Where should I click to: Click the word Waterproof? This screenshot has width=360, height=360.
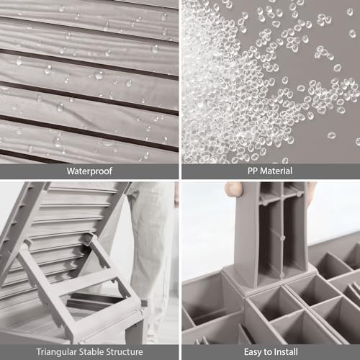pyautogui.click(x=89, y=171)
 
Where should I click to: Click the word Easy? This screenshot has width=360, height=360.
pyautogui.click(x=253, y=352)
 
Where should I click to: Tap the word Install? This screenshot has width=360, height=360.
pyautogui.click(x=286, y=352)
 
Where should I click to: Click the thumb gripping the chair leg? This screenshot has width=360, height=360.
pyautogui.click(x=233, y=189)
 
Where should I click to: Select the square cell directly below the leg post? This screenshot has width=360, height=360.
pyautogui.click(x=275, y=305)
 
